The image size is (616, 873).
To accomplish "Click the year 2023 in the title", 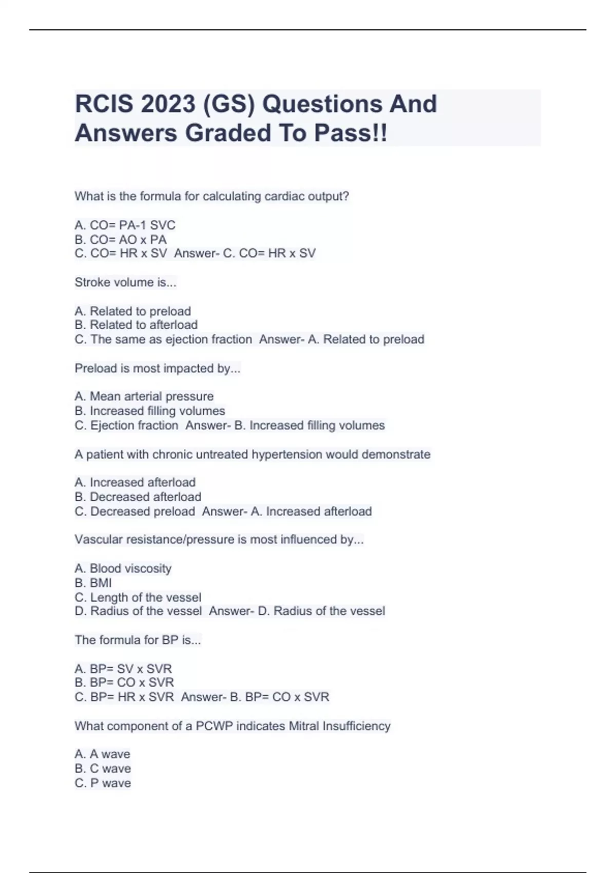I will [168, 104].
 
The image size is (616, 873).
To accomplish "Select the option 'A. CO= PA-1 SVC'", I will [125, 225].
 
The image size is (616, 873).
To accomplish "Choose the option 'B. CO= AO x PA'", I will [121, 240].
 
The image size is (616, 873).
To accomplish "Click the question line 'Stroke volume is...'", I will [125, 282].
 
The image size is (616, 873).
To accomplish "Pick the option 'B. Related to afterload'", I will [136, 325].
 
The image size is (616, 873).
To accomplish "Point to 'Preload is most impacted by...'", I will [157, 369].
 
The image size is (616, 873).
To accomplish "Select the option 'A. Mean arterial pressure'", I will [144, 396].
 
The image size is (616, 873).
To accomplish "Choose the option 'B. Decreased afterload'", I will [138, 497].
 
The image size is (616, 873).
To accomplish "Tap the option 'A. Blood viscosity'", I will [123, 568].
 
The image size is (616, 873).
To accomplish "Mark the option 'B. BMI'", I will [93, 583].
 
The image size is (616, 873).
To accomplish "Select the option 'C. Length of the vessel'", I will [138, 597].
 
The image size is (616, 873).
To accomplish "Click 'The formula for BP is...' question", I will [138, 640].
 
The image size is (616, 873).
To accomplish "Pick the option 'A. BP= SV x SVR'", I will [123, 669].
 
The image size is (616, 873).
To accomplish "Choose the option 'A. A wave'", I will [102, 754].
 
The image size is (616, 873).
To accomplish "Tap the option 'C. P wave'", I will [103, 783].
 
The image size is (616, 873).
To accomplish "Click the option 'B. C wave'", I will [103, 769].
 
